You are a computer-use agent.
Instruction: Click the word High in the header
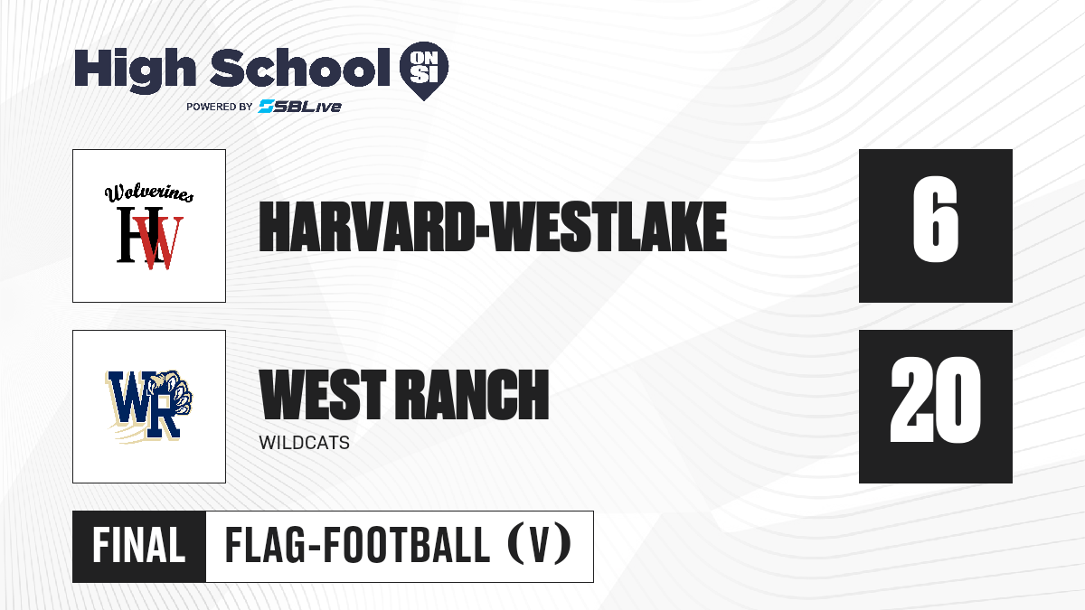click(x=136, y=70)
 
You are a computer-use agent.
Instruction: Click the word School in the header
click(x=300, y=67)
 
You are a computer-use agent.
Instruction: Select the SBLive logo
click(x=299, y=107)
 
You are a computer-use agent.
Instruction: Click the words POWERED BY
click(x=220, y=107)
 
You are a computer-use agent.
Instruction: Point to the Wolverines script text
click(x=149, y=192)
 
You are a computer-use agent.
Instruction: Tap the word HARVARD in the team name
click(x=366, y=227)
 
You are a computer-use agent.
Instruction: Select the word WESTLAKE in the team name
click(x=609, y=227)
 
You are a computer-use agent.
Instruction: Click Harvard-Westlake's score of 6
click(x=935, y=220)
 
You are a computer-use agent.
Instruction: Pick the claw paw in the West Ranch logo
click(x=175, y=392)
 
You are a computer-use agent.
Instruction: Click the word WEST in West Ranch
click(x=323, y=394)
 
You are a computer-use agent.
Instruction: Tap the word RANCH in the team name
click(x=473, y=394)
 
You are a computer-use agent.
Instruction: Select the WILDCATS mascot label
click(x=304, y=443)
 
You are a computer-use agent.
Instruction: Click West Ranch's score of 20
click(x=935, y=399)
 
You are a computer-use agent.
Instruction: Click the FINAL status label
click(x=139, y=546)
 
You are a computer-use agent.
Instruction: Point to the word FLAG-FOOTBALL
click(x=357, y=546)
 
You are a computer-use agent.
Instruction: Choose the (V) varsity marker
click(x=539, y=545)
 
